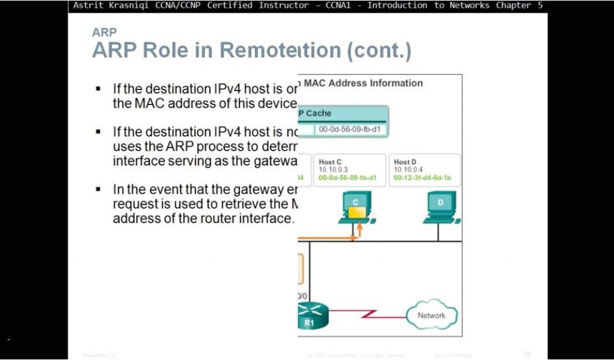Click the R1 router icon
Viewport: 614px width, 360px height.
coord(312,315)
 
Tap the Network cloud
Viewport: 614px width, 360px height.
coord(431,316)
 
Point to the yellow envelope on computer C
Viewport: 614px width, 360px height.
coord(357,212)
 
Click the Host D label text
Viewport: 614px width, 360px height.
coord(405,162)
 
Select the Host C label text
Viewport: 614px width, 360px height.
coord(330,162)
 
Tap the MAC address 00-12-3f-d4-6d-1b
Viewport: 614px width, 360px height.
coord(422,178)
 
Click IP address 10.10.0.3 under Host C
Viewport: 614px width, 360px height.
coord(331,170)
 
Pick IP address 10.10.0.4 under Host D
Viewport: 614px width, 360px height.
coord(407,170)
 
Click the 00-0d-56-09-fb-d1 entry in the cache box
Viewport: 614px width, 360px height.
coord(349,129)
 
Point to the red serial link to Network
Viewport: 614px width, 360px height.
coord(367,314)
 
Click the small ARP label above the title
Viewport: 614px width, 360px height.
coord(104,32)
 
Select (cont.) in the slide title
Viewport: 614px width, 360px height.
coord(380,50)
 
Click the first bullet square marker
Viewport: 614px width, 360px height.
coord(98,89)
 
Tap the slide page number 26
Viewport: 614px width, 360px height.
coord(528,355)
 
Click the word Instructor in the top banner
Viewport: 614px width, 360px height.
coord(282,5)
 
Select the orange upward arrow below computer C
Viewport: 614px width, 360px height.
coord(360,229)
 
